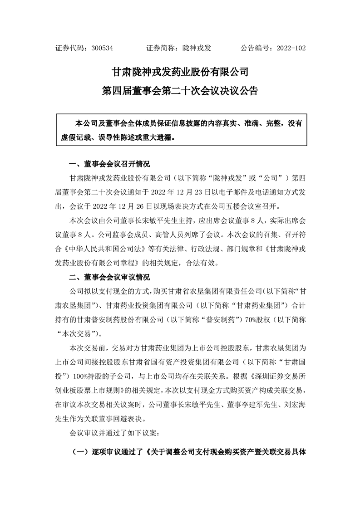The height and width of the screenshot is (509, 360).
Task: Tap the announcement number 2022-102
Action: [287, 47]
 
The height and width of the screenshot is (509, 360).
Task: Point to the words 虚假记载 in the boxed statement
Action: [75, 137]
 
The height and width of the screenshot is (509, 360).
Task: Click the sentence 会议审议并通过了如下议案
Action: [112, 433]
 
